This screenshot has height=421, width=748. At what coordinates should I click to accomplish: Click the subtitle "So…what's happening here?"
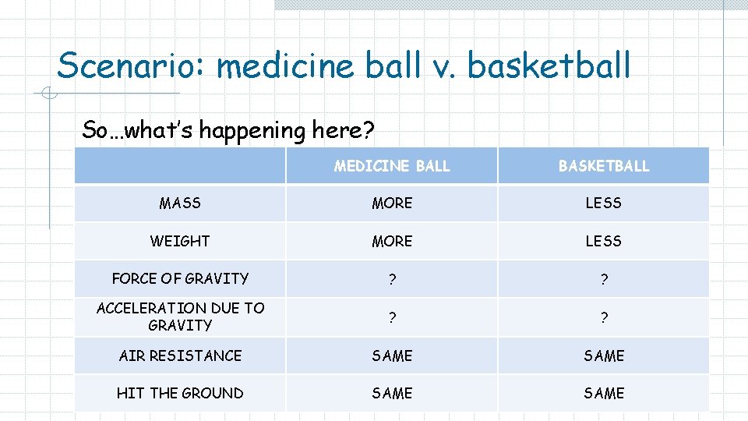228,129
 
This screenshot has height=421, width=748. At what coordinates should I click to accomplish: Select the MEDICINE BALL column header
392,165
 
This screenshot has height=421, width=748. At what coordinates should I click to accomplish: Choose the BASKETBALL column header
603,165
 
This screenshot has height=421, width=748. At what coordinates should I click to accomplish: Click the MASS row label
180,203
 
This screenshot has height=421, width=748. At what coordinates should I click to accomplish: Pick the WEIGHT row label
180,241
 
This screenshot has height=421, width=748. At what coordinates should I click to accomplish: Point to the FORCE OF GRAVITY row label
180,278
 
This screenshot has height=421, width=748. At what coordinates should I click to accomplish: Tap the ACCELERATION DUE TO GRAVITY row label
180,317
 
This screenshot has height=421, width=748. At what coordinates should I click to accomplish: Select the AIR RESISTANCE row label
180,356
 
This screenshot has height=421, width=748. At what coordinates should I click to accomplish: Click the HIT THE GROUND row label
180,393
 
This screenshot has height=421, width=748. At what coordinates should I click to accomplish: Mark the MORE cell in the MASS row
392,203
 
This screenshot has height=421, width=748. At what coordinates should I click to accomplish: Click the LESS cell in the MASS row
603,203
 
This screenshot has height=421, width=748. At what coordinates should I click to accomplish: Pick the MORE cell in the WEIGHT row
392,241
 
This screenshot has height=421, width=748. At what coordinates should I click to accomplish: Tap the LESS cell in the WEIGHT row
603,241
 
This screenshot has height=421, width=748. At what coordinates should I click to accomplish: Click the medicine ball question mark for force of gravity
392,280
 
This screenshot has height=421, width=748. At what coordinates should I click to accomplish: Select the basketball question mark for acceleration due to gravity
603,317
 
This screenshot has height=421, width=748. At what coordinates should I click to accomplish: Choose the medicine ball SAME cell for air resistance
392,356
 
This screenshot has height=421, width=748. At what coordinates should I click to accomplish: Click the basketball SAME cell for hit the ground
603,393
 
